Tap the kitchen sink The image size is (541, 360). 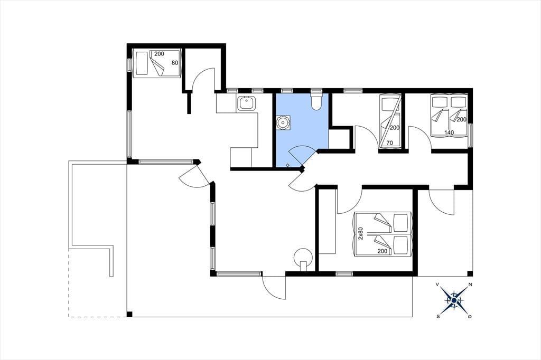(246, 103)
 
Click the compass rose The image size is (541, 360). (454, 301)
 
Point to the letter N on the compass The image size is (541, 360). (470, 285)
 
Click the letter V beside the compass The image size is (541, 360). (437, 285)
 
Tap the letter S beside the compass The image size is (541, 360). (438, 317)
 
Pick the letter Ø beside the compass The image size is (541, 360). (470, 317)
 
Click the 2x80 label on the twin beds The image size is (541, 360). (361, 233)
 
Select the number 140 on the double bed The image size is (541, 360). (449, 132)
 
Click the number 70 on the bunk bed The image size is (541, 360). (390, 143)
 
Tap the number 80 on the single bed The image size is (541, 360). (175, 63)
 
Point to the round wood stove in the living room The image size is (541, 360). (303, 257)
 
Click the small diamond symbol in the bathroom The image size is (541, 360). (288, 165)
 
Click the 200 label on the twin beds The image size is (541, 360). (383, 251)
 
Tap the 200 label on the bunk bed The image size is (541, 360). (394, 128)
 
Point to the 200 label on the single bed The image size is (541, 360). (159, 54)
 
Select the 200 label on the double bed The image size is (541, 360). (462, 120)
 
